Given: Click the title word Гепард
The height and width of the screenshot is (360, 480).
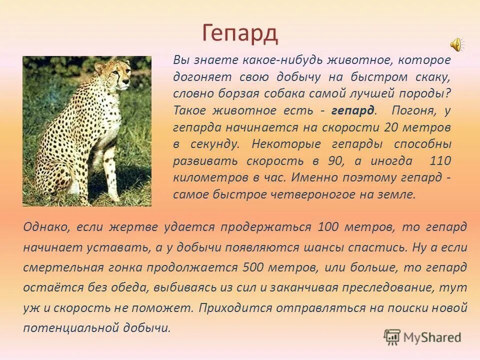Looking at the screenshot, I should [240, 33].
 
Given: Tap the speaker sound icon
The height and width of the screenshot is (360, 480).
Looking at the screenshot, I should [457, 45].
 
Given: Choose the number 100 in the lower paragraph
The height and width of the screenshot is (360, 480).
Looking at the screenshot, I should [328, 227].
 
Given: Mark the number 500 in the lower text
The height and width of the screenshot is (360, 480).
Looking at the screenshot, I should [253, 267].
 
